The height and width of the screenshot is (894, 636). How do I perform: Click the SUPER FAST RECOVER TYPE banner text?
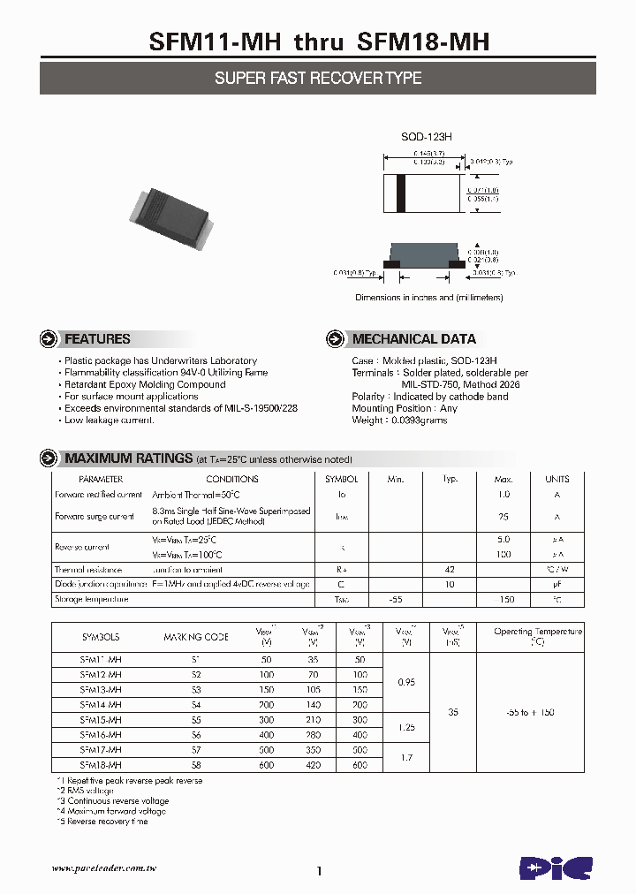pyautogui.click(x=318, y=79)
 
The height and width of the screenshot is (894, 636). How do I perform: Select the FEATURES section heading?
pyautogui.click(x=97, y=339)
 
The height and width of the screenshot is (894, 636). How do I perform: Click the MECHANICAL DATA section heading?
pyautogui.click(x=413, y=339)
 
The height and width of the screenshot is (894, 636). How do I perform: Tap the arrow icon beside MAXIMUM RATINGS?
pyautogui.click(x=49, y=458)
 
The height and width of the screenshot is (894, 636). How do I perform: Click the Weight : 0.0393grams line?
pyautogui.click(x=399, y=420)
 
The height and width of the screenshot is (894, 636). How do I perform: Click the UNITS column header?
pyautogui.click(x=556, y=479)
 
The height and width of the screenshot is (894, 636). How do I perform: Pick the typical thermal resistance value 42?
pyautogui.click(x=450, y=570)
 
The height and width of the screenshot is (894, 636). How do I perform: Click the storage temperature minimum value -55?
pyautogui.click(x=395, y=600)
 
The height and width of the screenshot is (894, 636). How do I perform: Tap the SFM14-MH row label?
pyautogui.click(x=101, y=705)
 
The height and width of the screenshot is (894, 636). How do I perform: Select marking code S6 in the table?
pyautogui.click(x=195, y=735)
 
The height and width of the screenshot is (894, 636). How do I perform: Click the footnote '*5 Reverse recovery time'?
pyautogui.click(x=102, y=822)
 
